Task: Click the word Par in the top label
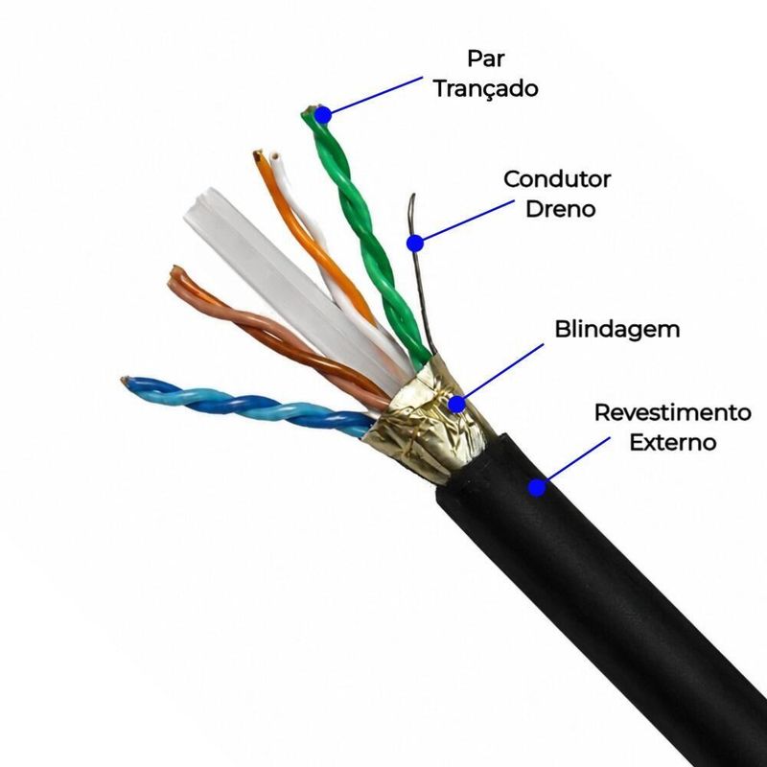click(x=486, y=58)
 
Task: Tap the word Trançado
click(x=486, y=89)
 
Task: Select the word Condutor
click(x=557, y=179)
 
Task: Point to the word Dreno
click(x=561, y=209)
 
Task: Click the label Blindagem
click(x=617, y=329)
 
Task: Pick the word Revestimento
click(x=673, y=412)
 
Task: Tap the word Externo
click(x=673, y=442)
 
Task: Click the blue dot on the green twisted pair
click(x=323, y=115)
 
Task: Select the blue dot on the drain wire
click(x=415, y=244)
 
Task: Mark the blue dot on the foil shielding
click(x=457, y=405)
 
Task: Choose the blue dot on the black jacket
click(x=537, y=488)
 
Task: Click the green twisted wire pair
click(x=366, y=235)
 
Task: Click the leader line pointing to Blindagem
click(x=504, y=371)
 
